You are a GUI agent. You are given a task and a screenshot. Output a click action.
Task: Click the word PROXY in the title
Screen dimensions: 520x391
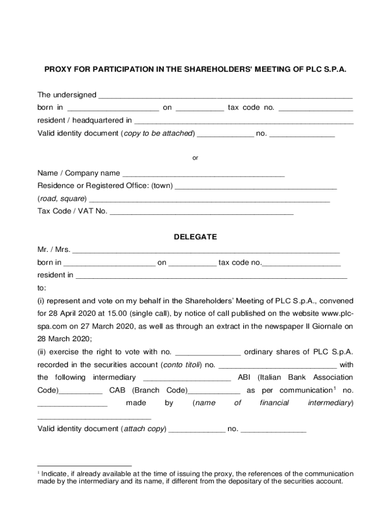tap(57, 69)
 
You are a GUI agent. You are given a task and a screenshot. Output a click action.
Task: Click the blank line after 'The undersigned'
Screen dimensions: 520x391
tap(225, 96)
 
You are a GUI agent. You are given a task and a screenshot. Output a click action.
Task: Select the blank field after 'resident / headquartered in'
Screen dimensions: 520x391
tap(243, 122)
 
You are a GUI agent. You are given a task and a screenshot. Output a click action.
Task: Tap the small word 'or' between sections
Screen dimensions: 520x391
tap(195, 158)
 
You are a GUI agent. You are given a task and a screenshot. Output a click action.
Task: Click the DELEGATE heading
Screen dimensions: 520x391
tap(195, 237)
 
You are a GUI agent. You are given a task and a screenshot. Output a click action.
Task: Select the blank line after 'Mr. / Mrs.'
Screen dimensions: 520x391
tap(206, 251)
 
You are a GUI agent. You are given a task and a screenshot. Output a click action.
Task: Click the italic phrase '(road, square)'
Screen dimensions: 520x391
tap(62, 199)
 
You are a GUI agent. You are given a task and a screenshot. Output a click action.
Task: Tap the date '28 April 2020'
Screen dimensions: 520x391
tap(71, 313)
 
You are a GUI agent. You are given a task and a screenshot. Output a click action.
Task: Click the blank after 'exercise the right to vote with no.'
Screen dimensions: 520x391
tap(208, 353)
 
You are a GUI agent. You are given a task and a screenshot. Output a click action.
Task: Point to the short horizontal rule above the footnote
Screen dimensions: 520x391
tap(84, 465)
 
